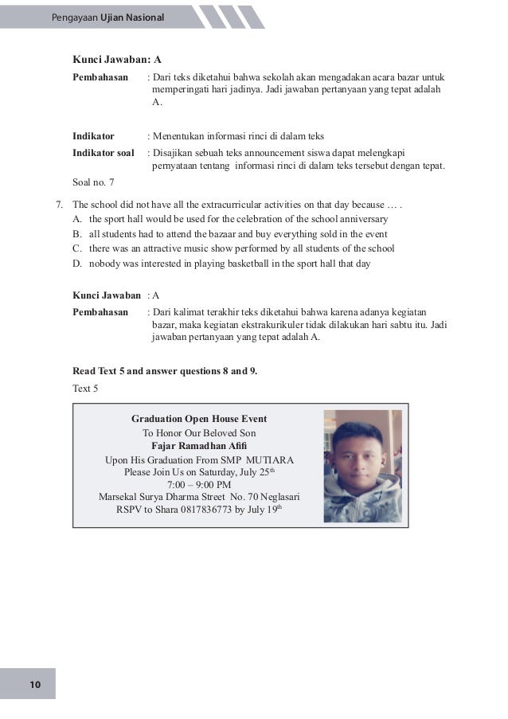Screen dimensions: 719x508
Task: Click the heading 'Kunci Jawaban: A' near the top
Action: (117, 59)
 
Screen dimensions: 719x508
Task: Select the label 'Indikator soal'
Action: (104, 152)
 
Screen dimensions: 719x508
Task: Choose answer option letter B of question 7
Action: (76, 233)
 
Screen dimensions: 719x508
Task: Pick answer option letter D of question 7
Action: (76, 264)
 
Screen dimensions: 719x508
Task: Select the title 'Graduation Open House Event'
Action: (199, 418)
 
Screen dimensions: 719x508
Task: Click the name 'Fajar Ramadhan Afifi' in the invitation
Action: (199, 446)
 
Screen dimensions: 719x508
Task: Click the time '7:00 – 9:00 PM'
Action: (199, 484)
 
